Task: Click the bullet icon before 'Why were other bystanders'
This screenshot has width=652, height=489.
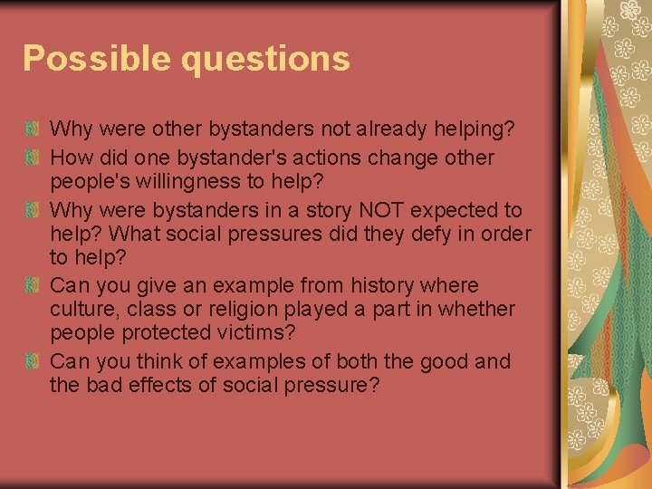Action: pyautogui.click(x=32, y=129)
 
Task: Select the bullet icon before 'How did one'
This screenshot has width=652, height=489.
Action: pyautogui.click(x=32, y=157)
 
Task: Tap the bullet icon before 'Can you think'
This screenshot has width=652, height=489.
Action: pyautogui.click(x=32, y=361)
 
